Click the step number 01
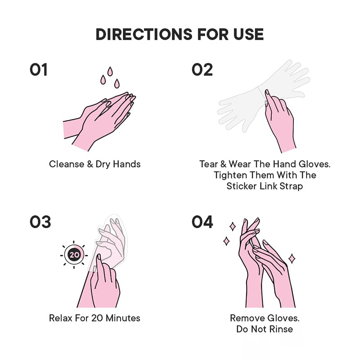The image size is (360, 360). point(39,70)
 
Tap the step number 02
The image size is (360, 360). point(202,70)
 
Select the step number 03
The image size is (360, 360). point(40,222)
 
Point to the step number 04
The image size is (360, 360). point(202,222)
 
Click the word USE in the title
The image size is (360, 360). point(248,34)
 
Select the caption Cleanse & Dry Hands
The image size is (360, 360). point(94,164)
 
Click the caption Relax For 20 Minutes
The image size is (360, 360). point(94,318)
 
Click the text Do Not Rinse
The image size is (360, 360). point(265,329)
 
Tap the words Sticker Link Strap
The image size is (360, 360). point(265,186)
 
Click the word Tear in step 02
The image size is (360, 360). point(209,164)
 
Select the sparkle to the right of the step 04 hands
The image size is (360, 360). point(292,258)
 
